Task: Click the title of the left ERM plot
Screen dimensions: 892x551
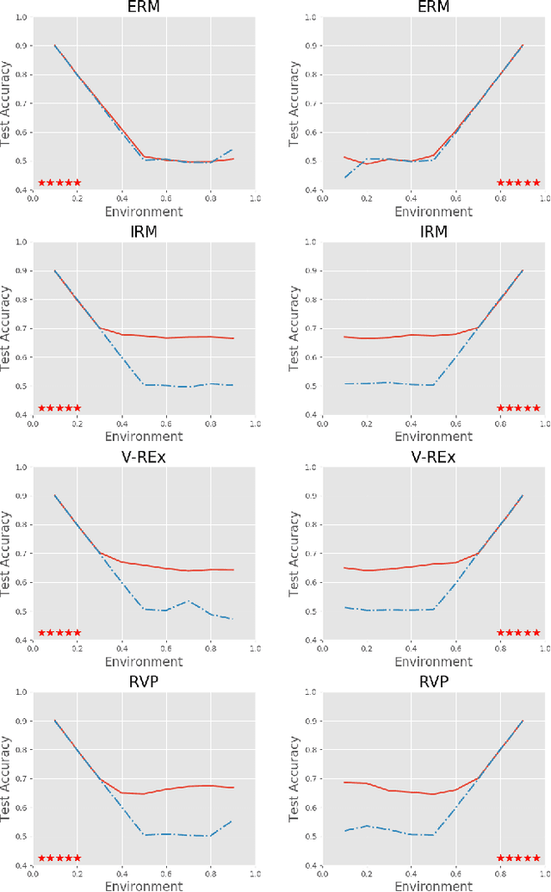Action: [x=144, y=8]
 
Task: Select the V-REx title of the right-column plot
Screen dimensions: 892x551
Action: [x=433, y=457]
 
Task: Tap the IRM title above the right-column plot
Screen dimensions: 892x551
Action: [x=433, y=232]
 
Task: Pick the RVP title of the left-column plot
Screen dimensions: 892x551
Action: [x=144, y=682]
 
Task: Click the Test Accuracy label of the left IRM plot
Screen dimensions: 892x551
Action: [x=7, y=328]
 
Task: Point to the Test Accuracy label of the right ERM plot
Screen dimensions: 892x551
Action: [x=295, y=103]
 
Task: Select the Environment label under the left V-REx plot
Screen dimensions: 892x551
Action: [x=144, y=661]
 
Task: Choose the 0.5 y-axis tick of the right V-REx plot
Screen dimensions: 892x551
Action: [x=309, y=612]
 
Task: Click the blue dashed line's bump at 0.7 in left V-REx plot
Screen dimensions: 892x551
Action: [x=189, y=601]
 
